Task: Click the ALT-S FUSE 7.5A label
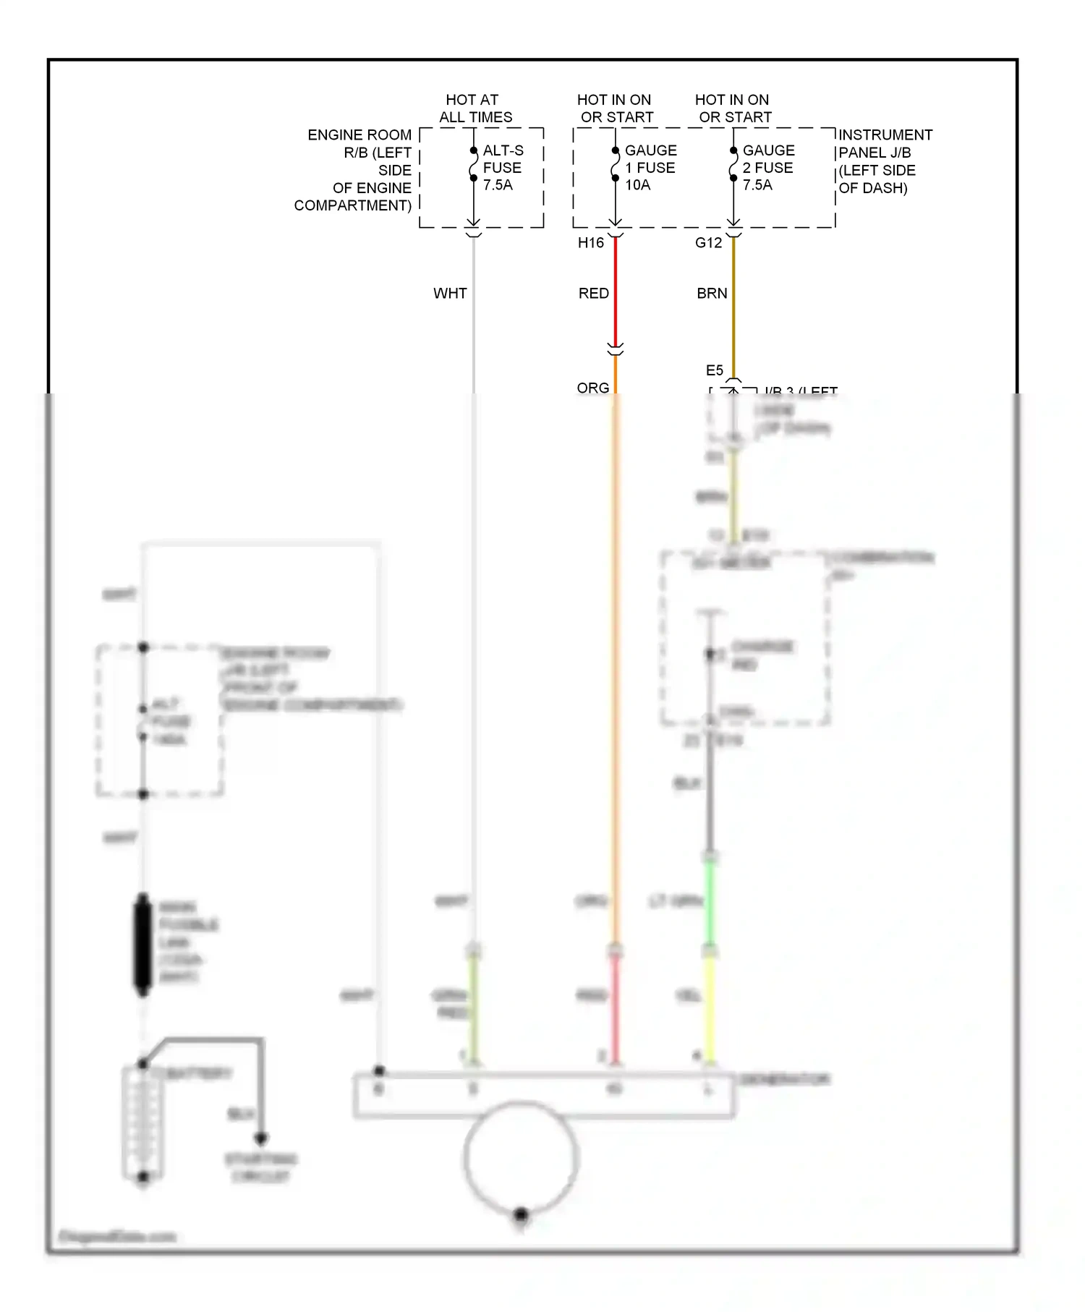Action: coord(502,168)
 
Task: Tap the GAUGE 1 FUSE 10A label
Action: coord(650,168)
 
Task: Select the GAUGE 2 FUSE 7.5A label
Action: coord(768,168)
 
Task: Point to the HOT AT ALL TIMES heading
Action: coord(475,108)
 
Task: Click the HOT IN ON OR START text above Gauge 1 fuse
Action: coord(615,108)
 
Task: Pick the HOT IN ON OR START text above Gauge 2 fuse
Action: coord(733,108)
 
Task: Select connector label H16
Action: coord(590,243)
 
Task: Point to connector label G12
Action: coord(708,243)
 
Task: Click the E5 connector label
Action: coord(714,370)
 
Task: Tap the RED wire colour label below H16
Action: coord(593,294)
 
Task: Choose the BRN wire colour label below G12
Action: coord(712,294)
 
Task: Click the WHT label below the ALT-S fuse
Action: coord(450,294)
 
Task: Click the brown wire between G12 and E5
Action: coord(733,304)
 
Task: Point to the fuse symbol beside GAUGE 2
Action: coord(733,165)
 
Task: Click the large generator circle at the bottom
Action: coord(521,1157)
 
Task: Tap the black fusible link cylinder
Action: coord(143,944)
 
